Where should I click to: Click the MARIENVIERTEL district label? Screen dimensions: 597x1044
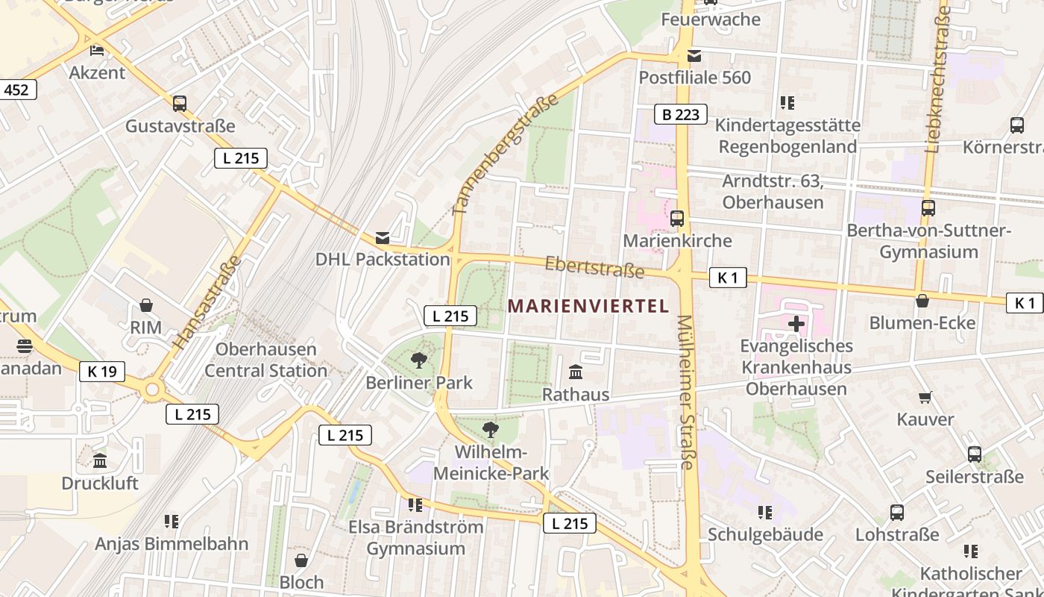coord(588,306)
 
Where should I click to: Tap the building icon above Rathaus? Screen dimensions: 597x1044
coord(576,372)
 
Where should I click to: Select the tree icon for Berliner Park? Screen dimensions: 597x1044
coord(419,360)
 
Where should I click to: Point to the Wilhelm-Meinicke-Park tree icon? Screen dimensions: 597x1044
coord(491,429)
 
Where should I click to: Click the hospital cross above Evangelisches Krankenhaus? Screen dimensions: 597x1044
coord(796,324)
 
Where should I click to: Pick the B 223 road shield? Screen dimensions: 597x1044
coord(681,114)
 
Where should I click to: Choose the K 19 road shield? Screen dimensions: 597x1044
coord(102,371)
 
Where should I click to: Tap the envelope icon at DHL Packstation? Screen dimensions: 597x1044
coord(383,237)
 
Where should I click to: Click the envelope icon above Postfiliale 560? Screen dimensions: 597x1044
coord(694,55)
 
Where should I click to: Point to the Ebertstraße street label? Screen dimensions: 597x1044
coord(594,266)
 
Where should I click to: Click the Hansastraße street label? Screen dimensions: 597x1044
coord(207,302)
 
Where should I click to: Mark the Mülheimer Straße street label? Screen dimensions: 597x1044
coord(685,392)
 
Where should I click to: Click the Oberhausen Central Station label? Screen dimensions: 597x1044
coord(265,360)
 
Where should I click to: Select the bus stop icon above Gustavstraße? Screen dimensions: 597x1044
coord(180,104)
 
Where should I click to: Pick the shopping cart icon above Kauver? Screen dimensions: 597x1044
coord(925,397)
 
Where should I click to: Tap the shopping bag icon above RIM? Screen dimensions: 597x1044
coord(146,305)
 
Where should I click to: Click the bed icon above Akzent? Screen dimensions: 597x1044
coord(97,51)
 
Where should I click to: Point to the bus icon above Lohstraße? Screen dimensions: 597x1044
coord(897,513)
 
